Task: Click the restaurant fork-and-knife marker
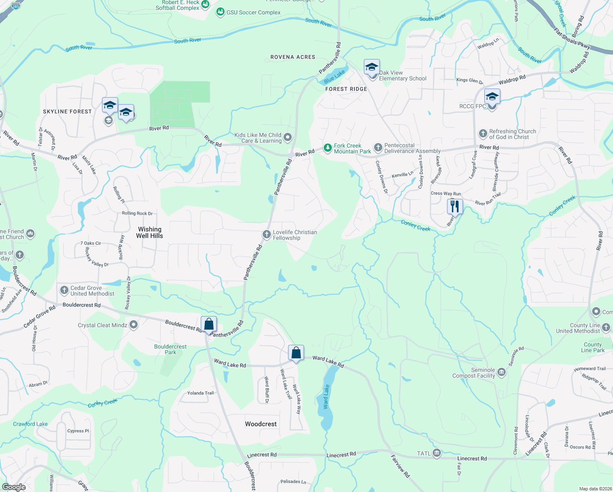click(455, 206)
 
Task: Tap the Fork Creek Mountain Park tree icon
click(327, 148)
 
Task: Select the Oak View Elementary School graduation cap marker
click(372, 67)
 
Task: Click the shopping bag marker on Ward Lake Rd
click(296, 353)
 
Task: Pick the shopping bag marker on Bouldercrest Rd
click(209, 324)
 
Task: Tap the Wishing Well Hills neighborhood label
click(150, 232)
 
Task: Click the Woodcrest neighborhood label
click(261, 424)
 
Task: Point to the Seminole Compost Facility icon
click(502, 373)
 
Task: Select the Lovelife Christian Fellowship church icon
click(266, 235)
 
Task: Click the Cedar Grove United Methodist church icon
click(64, 291)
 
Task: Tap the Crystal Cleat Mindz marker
click(133, 325)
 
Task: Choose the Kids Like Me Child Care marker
click(288, 137)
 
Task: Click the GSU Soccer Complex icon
click(220, 12)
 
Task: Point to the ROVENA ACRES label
click(293, 57)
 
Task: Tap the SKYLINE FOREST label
click(67, 112)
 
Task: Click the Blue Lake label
click(334, 77)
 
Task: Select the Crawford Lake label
click(30, 424)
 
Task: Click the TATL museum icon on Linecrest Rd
click(436, 453)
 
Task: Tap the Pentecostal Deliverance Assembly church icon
click(378, 148)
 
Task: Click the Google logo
click(14, 487)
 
